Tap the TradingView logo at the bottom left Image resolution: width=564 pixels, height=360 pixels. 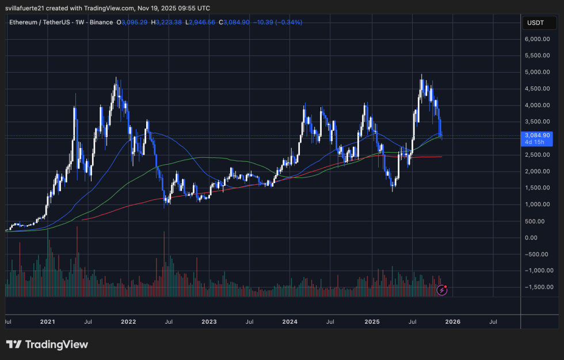(x=47, y=344)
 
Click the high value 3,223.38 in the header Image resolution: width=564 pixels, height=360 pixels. (x=172, y=22)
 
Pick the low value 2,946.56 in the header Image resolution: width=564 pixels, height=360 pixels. (x=205, y=22)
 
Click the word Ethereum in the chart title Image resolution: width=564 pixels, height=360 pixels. (x=23, y=22)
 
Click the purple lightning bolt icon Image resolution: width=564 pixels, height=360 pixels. (x=442, y=290)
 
